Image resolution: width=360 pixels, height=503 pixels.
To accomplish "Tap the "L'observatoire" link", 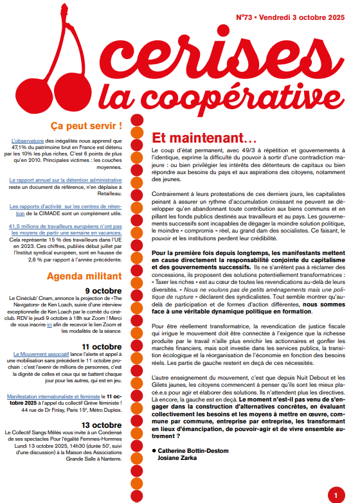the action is [26, 140].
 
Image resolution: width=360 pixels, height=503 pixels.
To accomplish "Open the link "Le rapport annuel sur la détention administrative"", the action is [66, 181].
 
